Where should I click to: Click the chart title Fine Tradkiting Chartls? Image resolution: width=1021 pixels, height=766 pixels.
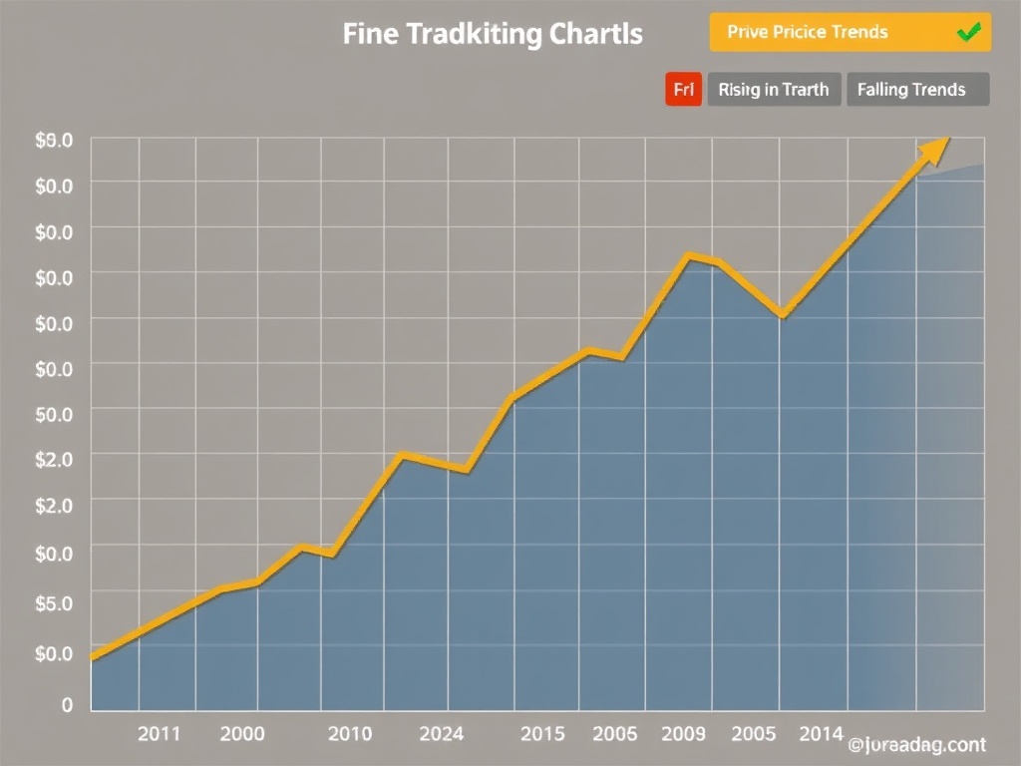click(x=493, y=33)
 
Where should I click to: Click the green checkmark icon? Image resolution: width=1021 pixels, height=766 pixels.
click(x=967, y=32)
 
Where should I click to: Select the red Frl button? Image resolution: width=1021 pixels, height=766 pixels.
click(x=683, y=90)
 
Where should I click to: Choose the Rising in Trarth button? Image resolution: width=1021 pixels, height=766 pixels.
click(x=774, y=90)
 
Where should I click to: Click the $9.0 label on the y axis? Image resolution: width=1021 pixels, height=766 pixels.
click(x=54, y=141)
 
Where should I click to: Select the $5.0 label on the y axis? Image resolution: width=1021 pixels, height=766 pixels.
click(x=54, y=602)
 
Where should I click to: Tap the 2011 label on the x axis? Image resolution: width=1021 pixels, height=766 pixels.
click(x=159, y=734)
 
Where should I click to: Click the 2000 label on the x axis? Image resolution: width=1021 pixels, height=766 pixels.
click(x=242, y=734)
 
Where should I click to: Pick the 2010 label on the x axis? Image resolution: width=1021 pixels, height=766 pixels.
click(x=350, y=734)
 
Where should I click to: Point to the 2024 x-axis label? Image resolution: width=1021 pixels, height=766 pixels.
click(x=442, y=734)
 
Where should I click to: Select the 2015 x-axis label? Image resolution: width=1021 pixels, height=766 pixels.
click(x=542, y=734)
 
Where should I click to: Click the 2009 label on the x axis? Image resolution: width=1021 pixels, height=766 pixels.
click(x=683, y=734)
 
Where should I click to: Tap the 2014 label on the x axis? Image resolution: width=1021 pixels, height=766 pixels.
click(x=822, y=734)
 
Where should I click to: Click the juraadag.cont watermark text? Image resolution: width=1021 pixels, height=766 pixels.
click(x=917, y=744)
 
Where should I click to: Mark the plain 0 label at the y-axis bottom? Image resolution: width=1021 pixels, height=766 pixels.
click(x=67, y=704)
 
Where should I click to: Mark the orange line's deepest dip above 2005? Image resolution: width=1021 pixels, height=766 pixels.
click(x=783, y=316)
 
